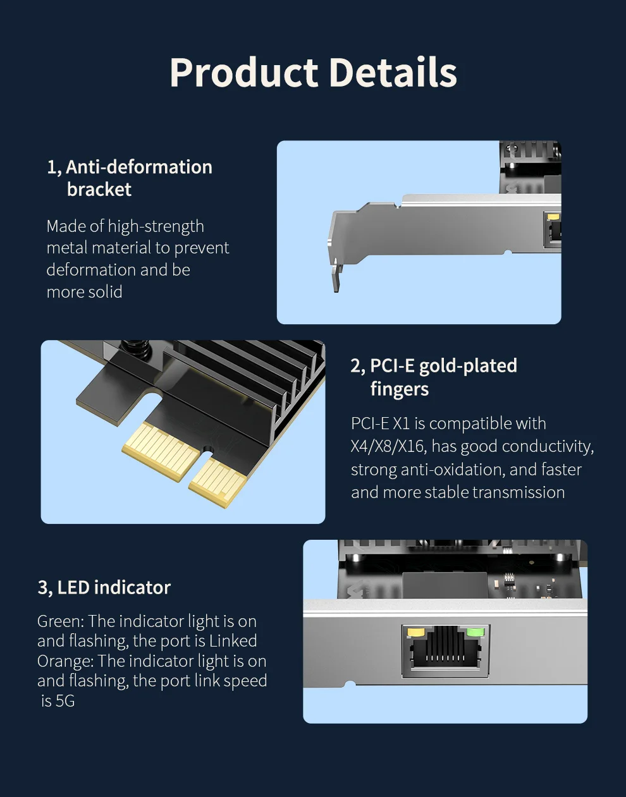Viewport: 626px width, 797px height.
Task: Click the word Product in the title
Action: click(x=243, y=73)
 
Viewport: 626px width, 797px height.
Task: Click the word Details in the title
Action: click(x=393, y=72)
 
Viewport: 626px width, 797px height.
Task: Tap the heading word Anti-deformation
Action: click(x=139, y=167)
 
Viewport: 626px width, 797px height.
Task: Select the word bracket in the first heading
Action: click(x=99, y=190)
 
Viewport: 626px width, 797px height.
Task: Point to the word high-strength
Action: click(x=156, y=226)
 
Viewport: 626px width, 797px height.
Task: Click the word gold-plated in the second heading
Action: click(x=468, y=366)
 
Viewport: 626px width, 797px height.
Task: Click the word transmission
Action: click(x=519, y=492)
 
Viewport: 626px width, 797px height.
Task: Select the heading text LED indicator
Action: click(x=114, y=588)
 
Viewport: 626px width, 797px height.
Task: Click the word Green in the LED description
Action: click(x=61, y=621)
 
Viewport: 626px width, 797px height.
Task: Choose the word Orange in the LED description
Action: click(x=65, y=662)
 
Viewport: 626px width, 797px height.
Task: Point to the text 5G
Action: click(x=65, y=701)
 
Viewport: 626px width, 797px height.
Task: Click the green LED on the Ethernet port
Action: click(x=476, y=632)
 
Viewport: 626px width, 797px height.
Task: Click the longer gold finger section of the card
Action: click(x=161, y=451)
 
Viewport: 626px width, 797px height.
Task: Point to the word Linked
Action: click(x=233, y=641)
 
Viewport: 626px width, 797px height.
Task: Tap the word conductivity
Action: click(x=548, y=447)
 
